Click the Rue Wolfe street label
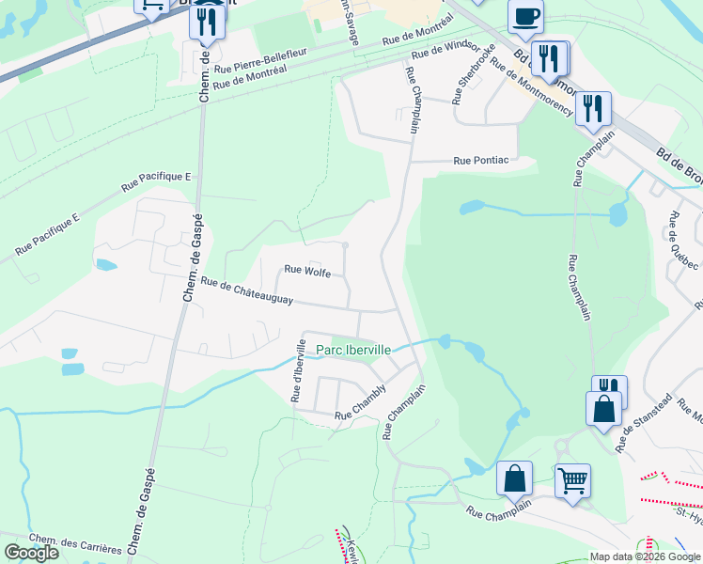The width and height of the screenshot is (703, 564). pyautogui.click(x=309, y=272)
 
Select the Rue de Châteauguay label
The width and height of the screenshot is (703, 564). pyautogui.click(x=246, y=291)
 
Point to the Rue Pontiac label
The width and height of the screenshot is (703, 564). pyautogui.click(x=480, y=161)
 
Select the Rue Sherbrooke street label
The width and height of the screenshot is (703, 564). pyautogui.click(x=473, y=78)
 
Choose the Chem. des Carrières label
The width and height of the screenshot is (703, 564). pyautogui.click(x=75, y=543)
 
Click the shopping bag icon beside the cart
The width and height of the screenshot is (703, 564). pyautogui.click(x=514, y=478)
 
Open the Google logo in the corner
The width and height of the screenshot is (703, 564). pyautogui.click(x=30, y=552)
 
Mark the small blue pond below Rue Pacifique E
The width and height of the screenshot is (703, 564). pyautogui.click(x=106, y=265)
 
